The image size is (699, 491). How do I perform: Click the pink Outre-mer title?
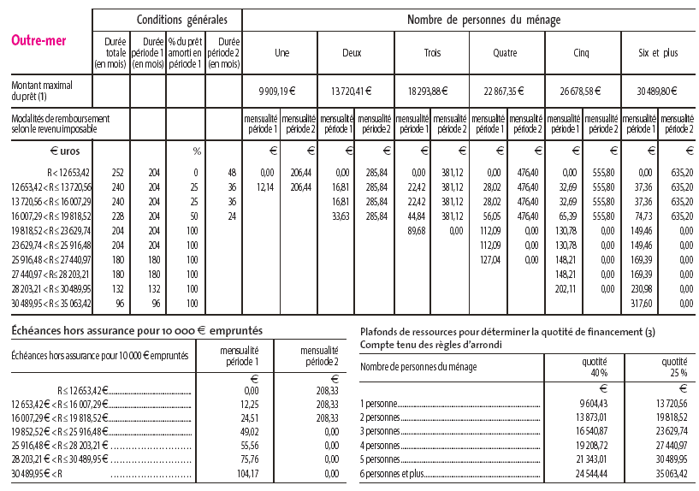[x=39, y=39]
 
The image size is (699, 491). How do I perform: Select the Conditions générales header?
[x=169, y=20]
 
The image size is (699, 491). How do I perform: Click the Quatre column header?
[x=505, y=53]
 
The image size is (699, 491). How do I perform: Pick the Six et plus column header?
[x=658, y=53]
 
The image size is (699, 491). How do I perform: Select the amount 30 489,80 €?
[x=658, y=91]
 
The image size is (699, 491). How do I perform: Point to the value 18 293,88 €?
[x=430, y=91]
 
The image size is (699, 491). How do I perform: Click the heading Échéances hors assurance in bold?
[x=137, y=330]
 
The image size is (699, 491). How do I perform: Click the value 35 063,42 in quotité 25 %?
[x=668, y=474]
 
